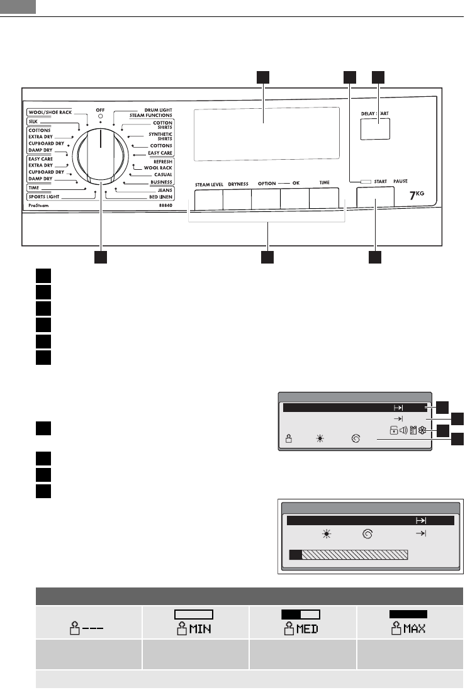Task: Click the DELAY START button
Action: click(x=375, y=129)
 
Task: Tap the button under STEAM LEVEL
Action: click(x=208, y=199)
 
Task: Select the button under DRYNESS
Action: click(x=237, y=199)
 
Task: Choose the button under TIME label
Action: click(x=324, y=199)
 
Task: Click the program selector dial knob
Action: click(x=101, y=156)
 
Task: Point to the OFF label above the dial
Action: click(x=101, y=110)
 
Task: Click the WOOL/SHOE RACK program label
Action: click(x=50, y=112)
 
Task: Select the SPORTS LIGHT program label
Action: click(x=44, y=197)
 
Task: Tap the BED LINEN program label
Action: click(x=160, y=197)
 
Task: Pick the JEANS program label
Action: click(x=165, y=190)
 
